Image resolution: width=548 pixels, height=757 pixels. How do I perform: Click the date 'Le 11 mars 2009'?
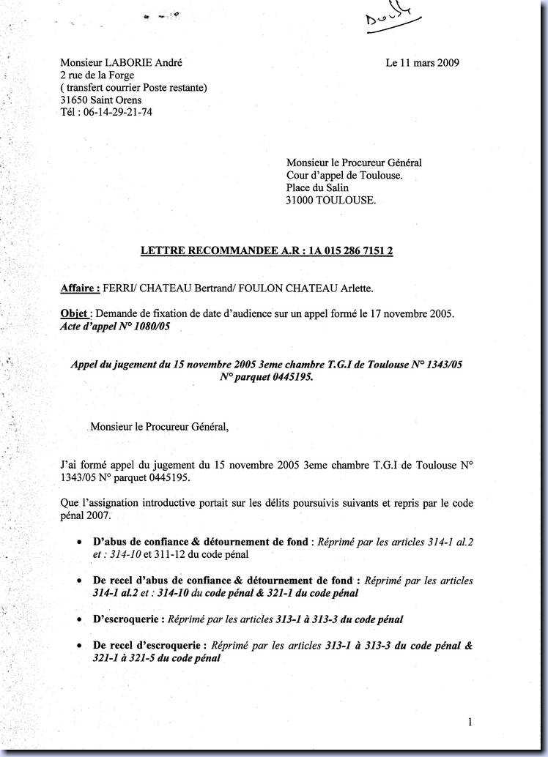point(423,63)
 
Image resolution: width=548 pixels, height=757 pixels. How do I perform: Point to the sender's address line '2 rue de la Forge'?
point(97,75)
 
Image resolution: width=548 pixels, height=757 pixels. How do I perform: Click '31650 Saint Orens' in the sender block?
point(101,100)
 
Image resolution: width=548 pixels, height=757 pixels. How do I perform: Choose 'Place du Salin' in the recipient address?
point(317,187)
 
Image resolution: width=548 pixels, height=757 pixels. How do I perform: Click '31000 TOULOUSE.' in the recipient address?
point(331,200)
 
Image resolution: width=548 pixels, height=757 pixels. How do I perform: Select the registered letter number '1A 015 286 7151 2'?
point(351,251)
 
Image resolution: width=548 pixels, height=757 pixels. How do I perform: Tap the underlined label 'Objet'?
point(75,314)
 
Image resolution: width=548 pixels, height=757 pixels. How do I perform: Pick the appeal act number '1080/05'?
point(152,327)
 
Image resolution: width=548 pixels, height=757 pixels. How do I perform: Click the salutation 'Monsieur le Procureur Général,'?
point(159,426)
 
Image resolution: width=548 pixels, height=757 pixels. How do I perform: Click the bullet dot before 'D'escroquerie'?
point(79,619)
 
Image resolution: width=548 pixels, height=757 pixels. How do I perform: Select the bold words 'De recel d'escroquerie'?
point(150,646)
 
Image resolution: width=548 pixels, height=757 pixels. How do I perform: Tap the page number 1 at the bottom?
point(470,723)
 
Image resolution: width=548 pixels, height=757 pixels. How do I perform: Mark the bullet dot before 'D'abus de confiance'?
point(79,542)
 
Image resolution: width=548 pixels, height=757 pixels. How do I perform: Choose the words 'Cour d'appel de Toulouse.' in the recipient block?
point(344,175)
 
